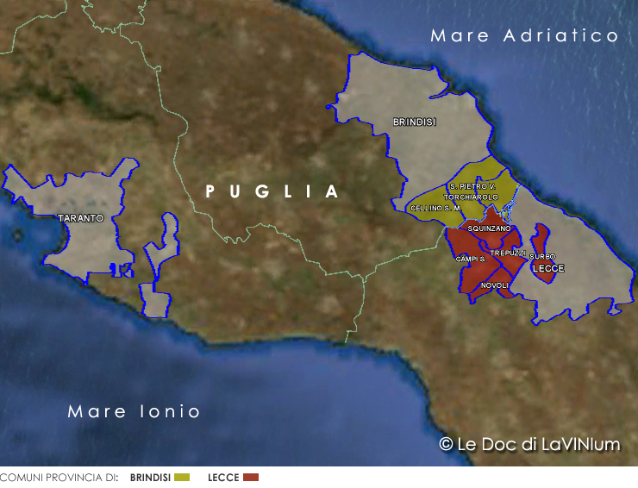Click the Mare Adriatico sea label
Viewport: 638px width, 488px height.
click(x=525, y=36)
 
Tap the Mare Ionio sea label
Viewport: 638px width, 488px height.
click(x=134, y=411)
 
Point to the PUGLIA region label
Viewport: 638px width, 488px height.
click(x=272, y=191)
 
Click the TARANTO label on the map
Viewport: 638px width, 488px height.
click(x=80, y=218)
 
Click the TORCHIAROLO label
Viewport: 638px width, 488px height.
click(x=471, y=197)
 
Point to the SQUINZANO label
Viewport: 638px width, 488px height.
click(x=489, y=228)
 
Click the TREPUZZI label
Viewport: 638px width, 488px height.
click(x=508, y=253)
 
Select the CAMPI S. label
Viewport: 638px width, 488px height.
click(x=470, y=259)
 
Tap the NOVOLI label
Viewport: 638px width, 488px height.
click(x=495, y=285)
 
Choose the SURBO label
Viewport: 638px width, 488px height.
click(x=542, y=256)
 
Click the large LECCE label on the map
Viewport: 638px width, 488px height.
click(x=548, y=269)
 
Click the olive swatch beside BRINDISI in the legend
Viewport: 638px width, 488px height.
click(x=181, y=477)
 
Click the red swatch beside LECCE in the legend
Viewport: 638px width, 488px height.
click(x=250, y=477)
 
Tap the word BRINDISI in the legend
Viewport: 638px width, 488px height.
click(x=149, y=477)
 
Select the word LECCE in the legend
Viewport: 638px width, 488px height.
click(x=223, y=477)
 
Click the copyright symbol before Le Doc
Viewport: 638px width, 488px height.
click(x=446, y=444)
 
